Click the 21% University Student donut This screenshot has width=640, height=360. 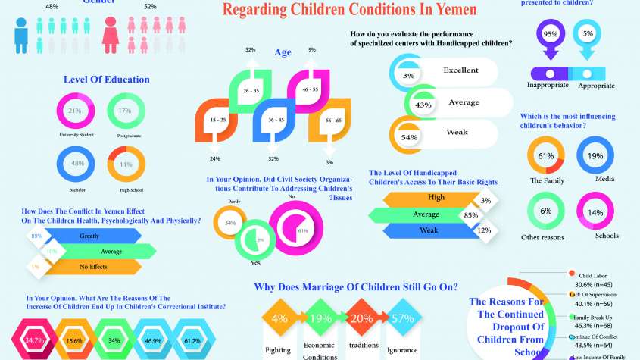[75, 111]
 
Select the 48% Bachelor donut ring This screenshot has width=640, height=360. [75, 163]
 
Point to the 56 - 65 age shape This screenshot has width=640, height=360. [328, 121]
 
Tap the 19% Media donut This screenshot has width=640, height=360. [595, 156]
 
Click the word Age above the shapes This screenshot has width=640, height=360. [283, 52]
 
